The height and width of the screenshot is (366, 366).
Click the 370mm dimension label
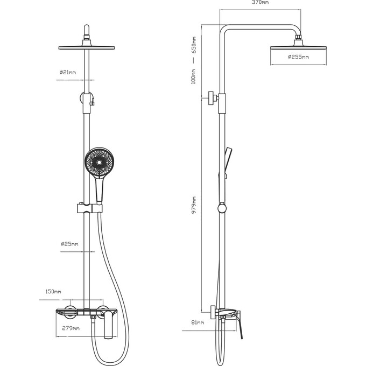[x=261, y=2]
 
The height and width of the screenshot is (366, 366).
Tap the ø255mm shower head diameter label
[x=298, y=57]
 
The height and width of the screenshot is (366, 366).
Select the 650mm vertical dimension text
[x=194, y=45]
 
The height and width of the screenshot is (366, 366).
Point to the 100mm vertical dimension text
[x=194, y=76]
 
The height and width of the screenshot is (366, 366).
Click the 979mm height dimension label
[x=194, y=205]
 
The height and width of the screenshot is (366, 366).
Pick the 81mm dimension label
[x=198, y=322]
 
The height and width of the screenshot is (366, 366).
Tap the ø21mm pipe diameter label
[x=67, y=72]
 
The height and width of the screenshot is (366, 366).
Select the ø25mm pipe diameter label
[x=69, y=244]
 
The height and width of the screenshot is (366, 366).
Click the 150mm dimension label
[x=53, y=292]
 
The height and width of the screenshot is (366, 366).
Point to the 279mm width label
[x=71, y=328]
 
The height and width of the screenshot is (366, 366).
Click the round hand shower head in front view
[x=98, y=162]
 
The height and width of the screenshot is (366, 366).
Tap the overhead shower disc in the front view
[x=86, y=47]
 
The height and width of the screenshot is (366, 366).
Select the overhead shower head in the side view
[x=298, y=47]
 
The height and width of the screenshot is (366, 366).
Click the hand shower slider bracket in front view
[x=90, y=208]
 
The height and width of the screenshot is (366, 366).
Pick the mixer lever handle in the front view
[x=109, y=324]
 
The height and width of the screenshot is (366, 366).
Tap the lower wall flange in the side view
[x=213, y=312]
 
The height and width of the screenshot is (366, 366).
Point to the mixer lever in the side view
[x=240, y=326]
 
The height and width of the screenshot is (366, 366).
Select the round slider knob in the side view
[x=222, y=208]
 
